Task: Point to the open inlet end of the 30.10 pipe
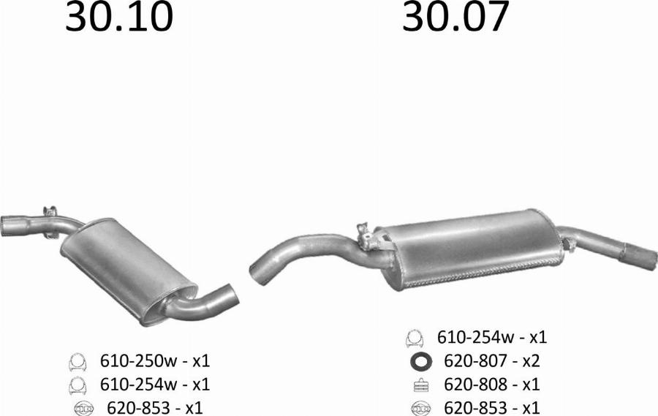click(5, 226)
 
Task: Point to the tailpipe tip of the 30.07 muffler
click(640, 254)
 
